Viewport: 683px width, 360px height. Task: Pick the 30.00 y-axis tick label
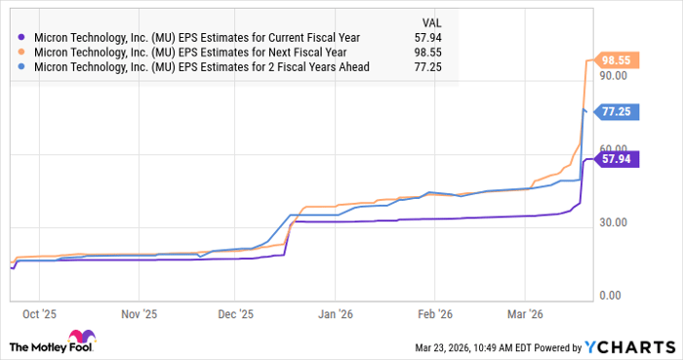click(613, 222)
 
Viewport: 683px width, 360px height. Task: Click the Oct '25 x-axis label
click(39, 314)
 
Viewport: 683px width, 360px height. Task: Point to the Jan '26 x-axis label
click(335, 314)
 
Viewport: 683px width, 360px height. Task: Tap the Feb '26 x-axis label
click(433, 314)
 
